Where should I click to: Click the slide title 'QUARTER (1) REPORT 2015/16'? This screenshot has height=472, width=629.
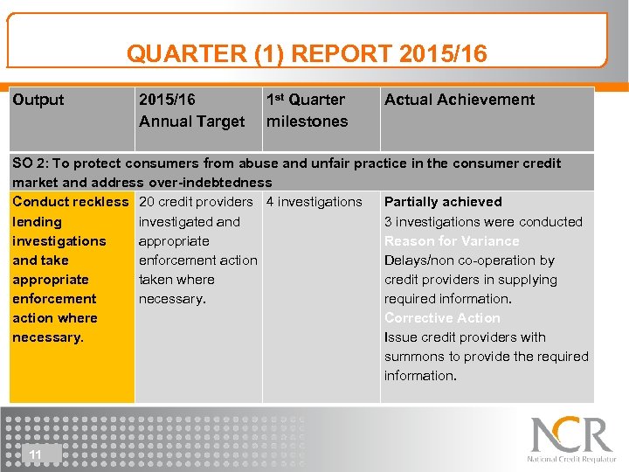(x=307, y=54)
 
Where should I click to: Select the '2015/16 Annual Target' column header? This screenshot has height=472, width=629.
(x=191, y=111)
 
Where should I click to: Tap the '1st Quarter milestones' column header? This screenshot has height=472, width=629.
(x=306, y=111)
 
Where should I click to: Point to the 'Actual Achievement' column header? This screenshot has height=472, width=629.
(x=459, y=100)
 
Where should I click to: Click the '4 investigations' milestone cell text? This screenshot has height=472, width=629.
(x=314, y=202)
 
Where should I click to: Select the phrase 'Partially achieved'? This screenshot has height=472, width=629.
(x=443, y=202)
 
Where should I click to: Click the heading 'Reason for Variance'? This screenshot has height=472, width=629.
(x=452, y=241)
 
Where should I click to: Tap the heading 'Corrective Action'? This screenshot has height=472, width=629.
(x=442, y=318)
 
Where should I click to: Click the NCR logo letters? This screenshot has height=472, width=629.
(x=571, y=435)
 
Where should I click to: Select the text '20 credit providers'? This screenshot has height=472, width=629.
(x=196, y=202)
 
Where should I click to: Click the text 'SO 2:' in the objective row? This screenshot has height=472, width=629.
(x=30, y=163)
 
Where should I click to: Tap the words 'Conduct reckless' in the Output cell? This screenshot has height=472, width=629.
(x=70, y=202)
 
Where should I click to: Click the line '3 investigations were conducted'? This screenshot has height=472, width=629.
(x=483, y=222)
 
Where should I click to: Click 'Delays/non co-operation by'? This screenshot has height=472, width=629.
(x=469, y=260)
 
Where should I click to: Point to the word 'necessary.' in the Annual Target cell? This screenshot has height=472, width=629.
(x=172, y=299)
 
